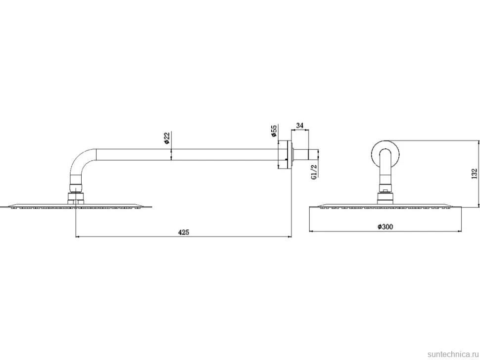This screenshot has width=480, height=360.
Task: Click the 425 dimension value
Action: pos(184,232)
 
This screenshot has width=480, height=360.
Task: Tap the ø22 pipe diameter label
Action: pos(167,138)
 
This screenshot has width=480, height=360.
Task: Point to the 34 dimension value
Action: pos(300,126)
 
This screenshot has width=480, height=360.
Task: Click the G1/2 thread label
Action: pos(313,172)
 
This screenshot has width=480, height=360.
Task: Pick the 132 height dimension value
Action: pos(475,174)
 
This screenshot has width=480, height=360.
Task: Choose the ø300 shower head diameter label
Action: pos(385,226)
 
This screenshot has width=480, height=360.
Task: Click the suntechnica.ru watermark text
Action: pos(453,354)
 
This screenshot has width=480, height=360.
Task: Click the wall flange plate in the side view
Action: pos(288,154)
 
